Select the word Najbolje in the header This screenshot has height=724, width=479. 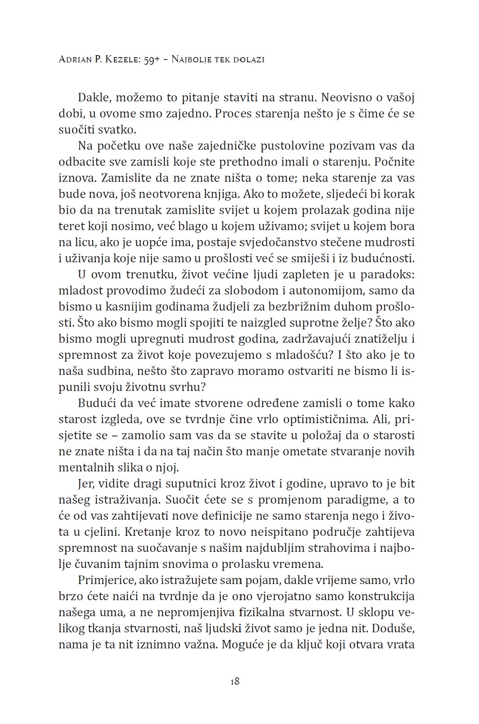[192, 60]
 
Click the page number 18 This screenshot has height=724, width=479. [235, 681]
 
